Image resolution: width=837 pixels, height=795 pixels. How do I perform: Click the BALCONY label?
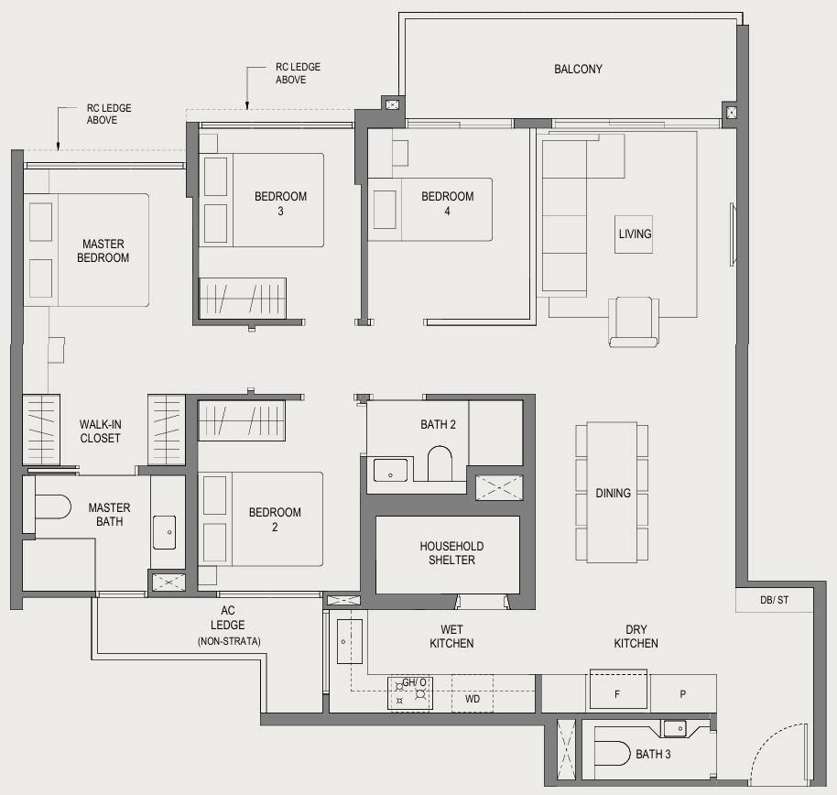coord(578,69)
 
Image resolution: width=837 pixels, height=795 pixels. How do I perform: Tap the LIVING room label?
coord(635,234)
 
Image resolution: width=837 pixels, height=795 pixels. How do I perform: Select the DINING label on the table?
coord(613,493)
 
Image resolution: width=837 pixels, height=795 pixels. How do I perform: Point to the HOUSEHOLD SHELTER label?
coord(451,552)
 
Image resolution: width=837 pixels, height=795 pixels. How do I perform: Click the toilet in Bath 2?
coord(440,463)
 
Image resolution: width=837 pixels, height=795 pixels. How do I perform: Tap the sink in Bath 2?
coord(390,470)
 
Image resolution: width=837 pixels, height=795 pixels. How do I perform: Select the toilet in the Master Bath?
coord(52,506)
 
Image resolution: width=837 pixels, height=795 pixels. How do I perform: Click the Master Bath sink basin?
coord(165,532)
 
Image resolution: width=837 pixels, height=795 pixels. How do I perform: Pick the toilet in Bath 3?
coord(613,754)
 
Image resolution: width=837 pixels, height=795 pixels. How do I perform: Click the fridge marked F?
coord(618,691)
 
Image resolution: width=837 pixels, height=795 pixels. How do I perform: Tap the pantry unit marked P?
coord(683,693)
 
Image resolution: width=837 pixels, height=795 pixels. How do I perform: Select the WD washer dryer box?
coord(473,694)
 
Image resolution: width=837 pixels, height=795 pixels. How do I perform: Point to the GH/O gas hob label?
coord(414,682)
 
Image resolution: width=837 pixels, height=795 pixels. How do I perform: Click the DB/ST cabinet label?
coord(774,600)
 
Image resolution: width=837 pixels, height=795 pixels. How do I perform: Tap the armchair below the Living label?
coord(634,322)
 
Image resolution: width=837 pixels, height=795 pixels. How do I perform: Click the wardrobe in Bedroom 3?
coord(243,299)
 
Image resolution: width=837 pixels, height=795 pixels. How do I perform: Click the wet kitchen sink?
coord(350,641)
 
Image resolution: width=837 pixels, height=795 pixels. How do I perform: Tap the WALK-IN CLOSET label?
coord(101,431)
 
